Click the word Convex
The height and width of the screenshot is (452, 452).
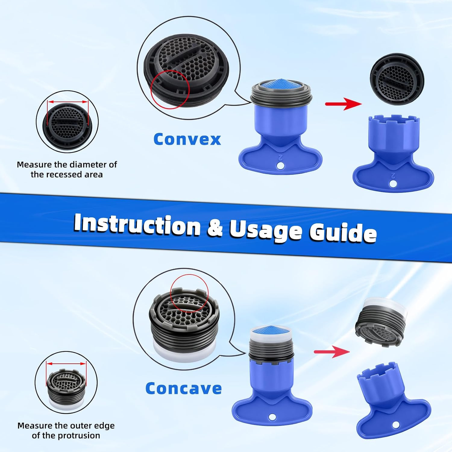[187, 139]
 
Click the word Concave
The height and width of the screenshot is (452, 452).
[184, 388]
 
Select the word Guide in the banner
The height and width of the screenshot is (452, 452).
[343, 231]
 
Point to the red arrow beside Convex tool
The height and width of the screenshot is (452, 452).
[343, 104]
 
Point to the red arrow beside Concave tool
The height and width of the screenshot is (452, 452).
[332, 352]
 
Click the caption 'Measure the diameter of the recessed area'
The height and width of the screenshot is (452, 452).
[67, 169]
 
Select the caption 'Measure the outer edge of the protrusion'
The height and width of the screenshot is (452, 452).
[66, 430]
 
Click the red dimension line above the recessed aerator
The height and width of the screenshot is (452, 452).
[68, 102]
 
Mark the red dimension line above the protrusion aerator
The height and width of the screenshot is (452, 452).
[66, 363]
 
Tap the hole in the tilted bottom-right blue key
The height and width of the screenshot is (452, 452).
[396, 425]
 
